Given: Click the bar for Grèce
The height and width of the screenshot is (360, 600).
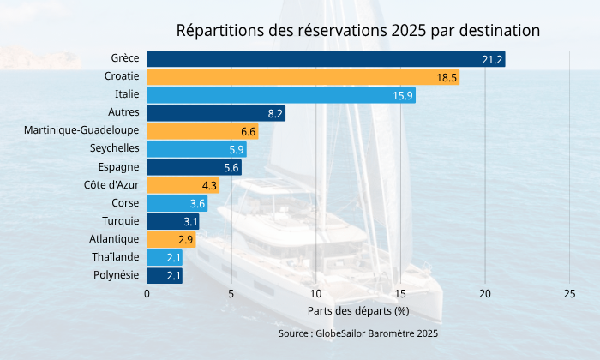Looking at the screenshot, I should pos(326,59).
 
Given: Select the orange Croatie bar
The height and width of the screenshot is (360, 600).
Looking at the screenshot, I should pos(303,77).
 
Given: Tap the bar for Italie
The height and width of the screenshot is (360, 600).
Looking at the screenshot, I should pos(281,95).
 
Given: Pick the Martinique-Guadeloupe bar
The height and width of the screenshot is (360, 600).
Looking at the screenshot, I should pos(202,131).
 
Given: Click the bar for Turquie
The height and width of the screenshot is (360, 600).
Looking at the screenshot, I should pos(173,221).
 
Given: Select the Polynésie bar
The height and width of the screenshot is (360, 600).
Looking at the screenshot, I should pos(165,275).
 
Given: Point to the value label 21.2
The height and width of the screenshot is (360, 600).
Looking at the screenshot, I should pos(492,59).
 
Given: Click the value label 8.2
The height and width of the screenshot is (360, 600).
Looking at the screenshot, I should pos(275,113).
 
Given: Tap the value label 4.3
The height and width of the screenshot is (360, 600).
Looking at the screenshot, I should pos(209,185).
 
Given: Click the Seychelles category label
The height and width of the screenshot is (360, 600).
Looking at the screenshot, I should pos(115,149).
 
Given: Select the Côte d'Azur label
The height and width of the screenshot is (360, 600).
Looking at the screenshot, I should pos(111,185).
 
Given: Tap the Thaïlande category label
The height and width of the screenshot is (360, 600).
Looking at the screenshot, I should pos(115,257).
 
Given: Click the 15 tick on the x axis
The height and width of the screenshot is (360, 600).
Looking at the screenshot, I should pos(400,294).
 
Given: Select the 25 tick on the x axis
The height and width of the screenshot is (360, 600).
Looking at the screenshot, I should pos(570,294).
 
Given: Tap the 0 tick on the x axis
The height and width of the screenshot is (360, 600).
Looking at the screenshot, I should pos(147,294).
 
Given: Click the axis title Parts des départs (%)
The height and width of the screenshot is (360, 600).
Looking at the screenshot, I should pos(358,310).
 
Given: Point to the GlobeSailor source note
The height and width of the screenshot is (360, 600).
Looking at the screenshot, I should pos(358,333).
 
